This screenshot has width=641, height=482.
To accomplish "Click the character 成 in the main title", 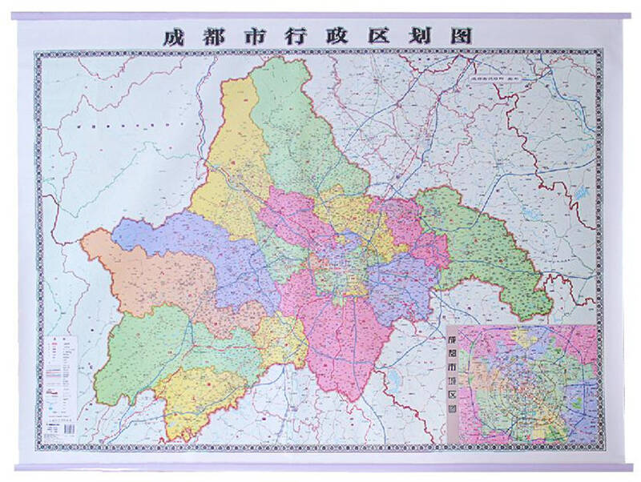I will click(170, 36).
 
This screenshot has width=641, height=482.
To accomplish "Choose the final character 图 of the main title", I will click(464, 36).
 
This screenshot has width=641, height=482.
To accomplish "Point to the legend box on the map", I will click(59, 376).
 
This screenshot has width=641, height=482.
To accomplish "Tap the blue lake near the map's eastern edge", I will click(579, 195).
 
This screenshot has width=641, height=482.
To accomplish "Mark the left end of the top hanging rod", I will click(16, 15).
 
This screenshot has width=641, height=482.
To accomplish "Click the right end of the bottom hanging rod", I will click(630, 468).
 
